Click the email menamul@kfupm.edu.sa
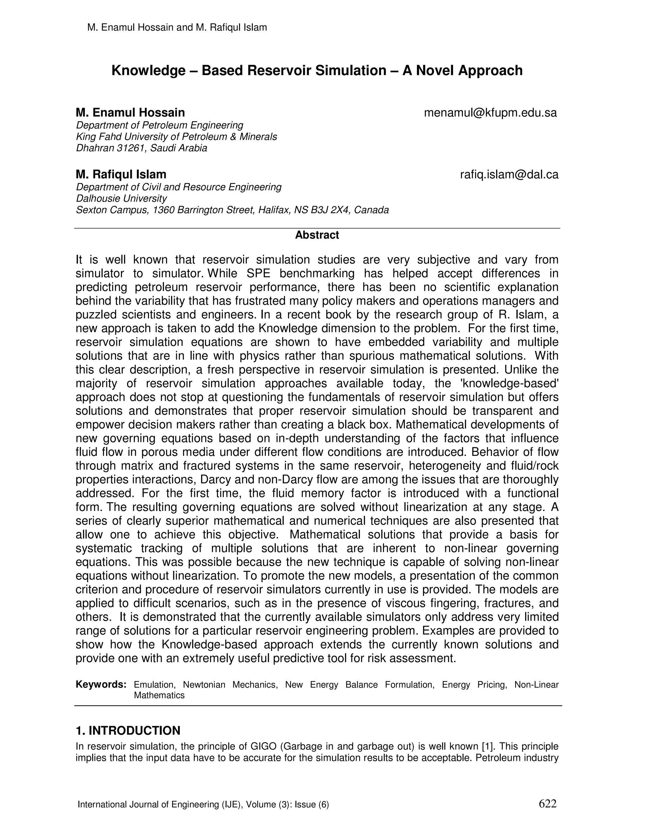click(490, 113)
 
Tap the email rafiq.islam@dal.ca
click(509, 175)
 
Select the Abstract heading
click(317, 235)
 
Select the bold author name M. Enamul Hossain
click(130, 113)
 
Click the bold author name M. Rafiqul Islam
click(121, 174)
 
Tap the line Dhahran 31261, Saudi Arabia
click(141, 148)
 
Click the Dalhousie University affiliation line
click(121, 199)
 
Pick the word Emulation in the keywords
click(155, 685)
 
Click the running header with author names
click(177, 27)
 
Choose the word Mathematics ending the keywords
click(159, 695)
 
